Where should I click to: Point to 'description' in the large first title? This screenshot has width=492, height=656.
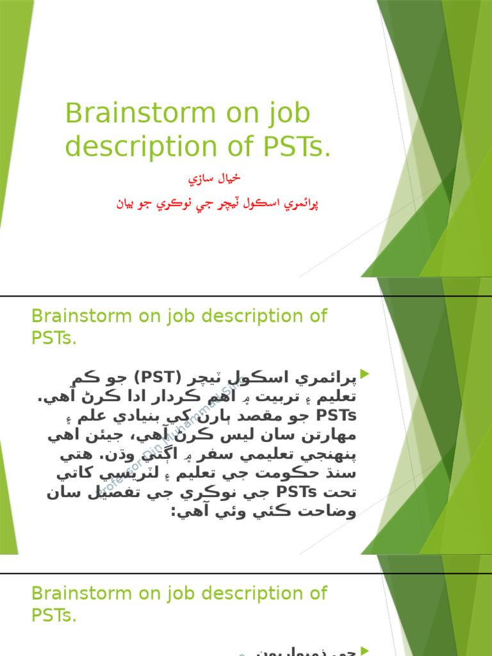coord(143,146)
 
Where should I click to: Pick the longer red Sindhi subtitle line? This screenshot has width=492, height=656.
coord(217,204)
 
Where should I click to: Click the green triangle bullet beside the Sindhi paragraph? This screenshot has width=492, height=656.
coord(365,373)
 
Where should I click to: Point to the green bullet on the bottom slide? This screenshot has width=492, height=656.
coord(365,650)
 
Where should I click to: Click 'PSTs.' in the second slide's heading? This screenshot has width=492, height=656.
coord(54,338)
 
